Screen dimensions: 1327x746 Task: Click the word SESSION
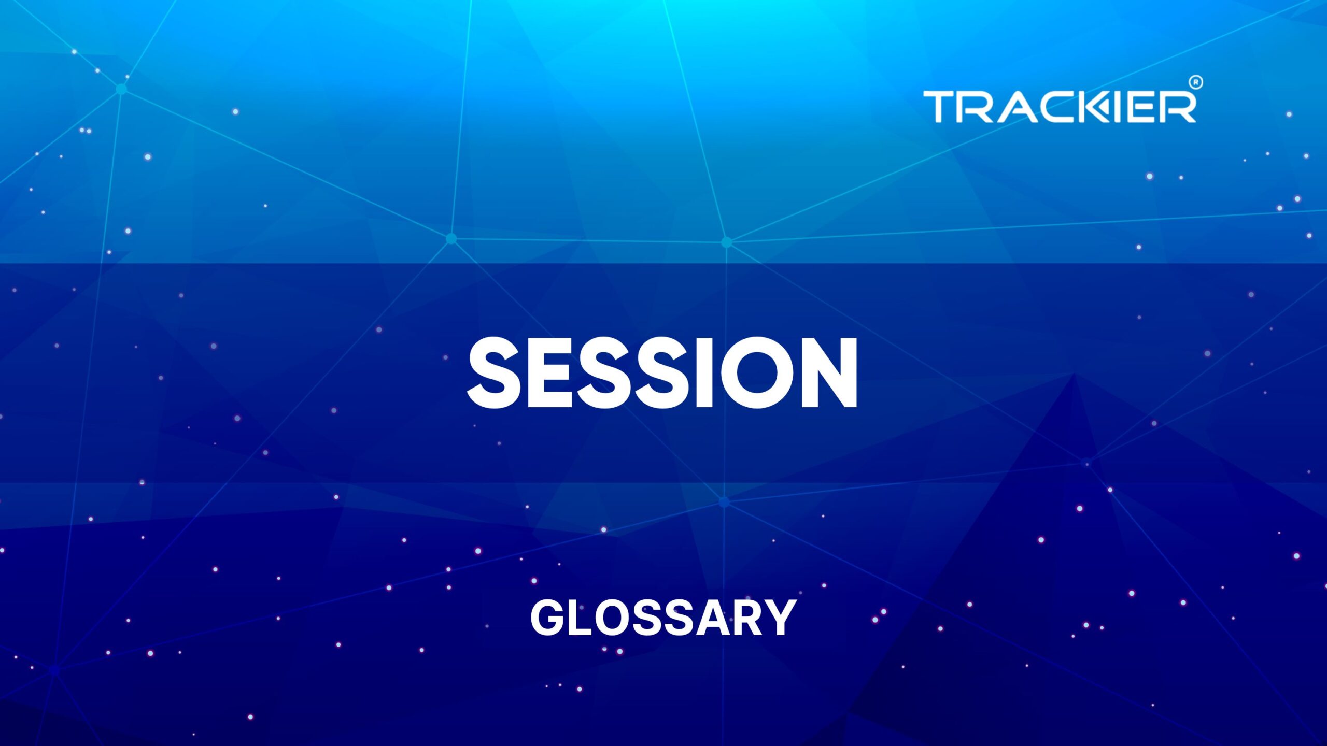[x=662, y=372]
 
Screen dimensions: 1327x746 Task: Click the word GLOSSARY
[x=663, y=618]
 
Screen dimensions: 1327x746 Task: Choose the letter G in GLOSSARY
[x=548, y=618]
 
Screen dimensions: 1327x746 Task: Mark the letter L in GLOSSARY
[x=583, y=618]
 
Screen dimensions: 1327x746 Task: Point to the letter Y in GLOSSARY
[x=779, y=618]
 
